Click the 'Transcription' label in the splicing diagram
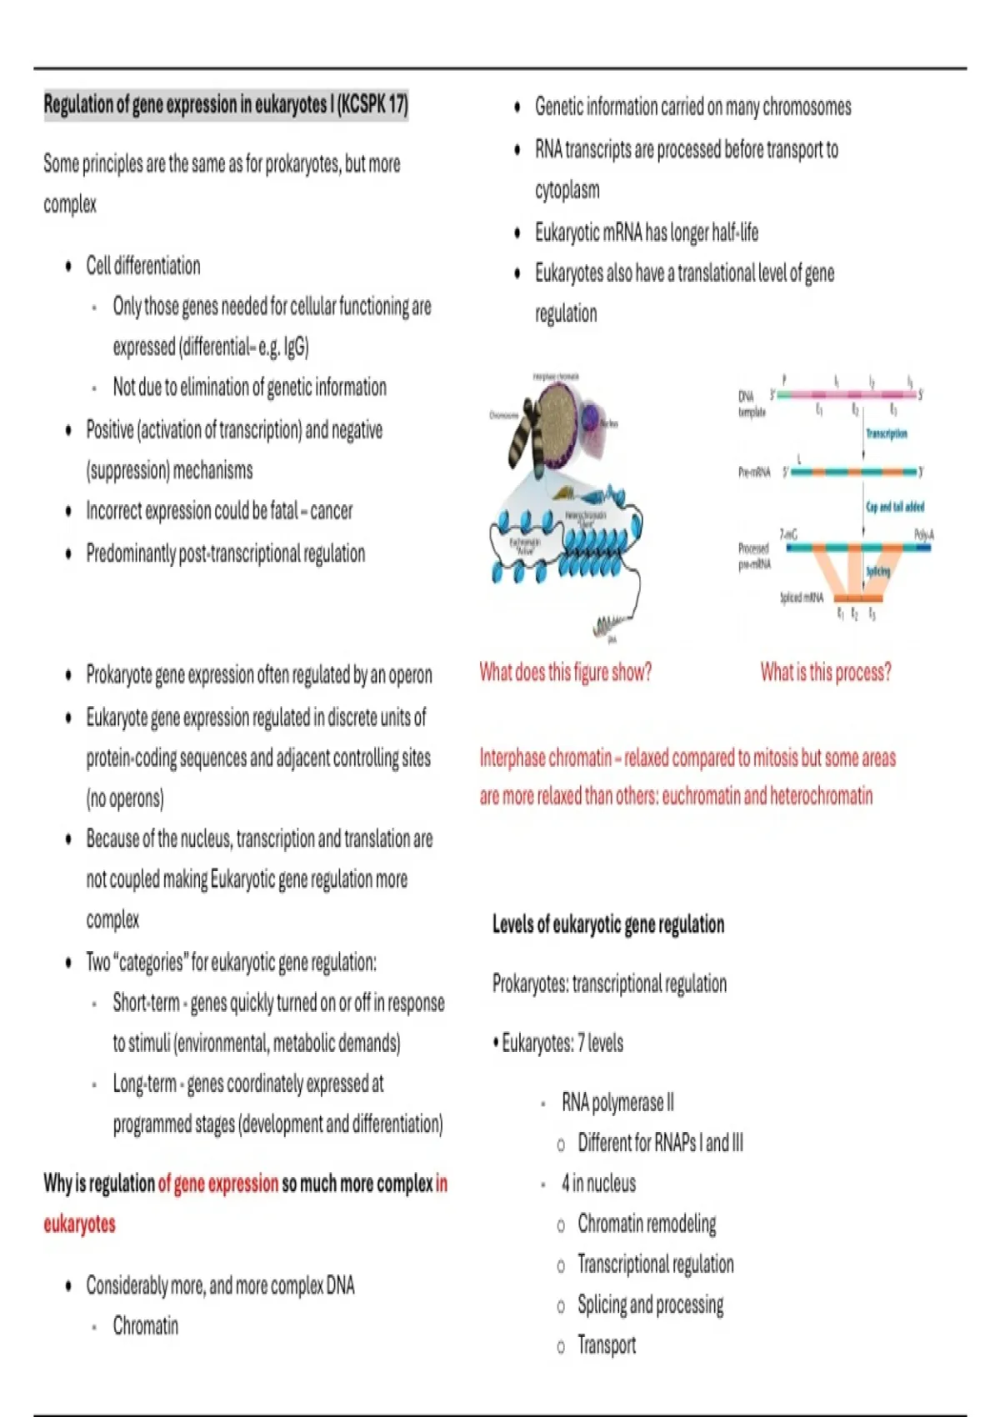886,433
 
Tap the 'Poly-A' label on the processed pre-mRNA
923,534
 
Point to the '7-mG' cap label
788,534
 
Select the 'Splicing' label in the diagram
877,571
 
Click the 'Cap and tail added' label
895,506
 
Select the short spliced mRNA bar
857,598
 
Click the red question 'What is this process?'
825,672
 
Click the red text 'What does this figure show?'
565,672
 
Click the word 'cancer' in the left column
331,511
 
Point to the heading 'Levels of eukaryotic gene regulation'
607,924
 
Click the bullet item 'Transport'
606,1344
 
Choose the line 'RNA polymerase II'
617,1103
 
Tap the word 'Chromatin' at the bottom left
145,1325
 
